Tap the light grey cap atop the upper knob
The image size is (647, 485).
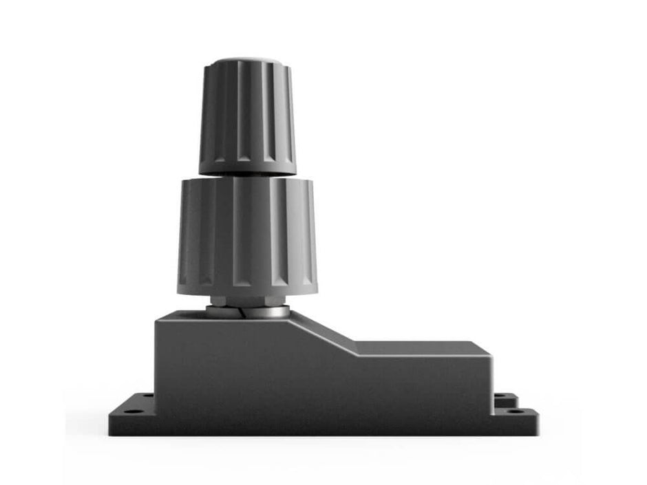pos(248,61)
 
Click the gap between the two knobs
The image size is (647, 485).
pos(248,175)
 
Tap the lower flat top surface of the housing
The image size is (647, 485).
pos(420,347)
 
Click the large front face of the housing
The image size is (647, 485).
pos(317,385)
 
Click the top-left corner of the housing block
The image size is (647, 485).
pos(157,317)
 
